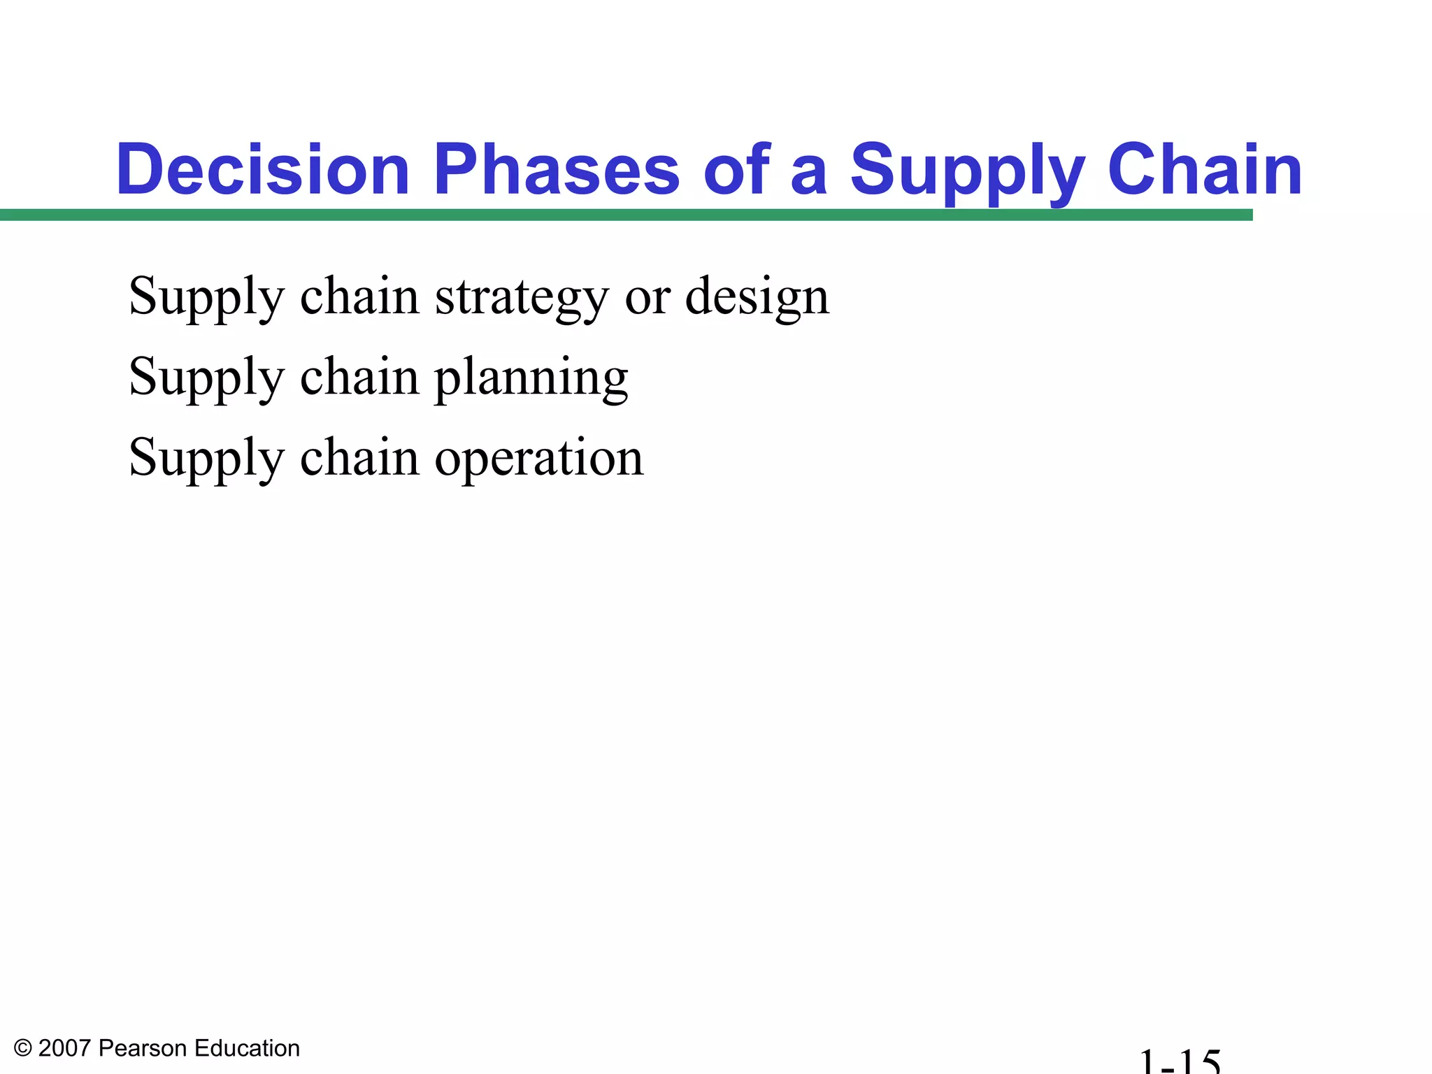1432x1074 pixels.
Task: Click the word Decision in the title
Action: (x=262, y=170)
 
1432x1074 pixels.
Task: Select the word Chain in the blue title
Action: (x=1205, y=170)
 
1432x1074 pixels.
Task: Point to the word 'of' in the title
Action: (x=737, y=170)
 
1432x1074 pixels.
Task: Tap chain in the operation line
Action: (x=359, y=457)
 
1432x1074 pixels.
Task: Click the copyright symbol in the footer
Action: (x=23, y=1048)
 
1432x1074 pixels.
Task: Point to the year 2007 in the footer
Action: (x=64, y=1048)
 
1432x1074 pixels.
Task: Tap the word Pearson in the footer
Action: (x=143, y=1048)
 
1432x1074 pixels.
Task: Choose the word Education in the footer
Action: (x=247, y=1048)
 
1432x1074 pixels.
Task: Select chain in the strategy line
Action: (x=359, y=296)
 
